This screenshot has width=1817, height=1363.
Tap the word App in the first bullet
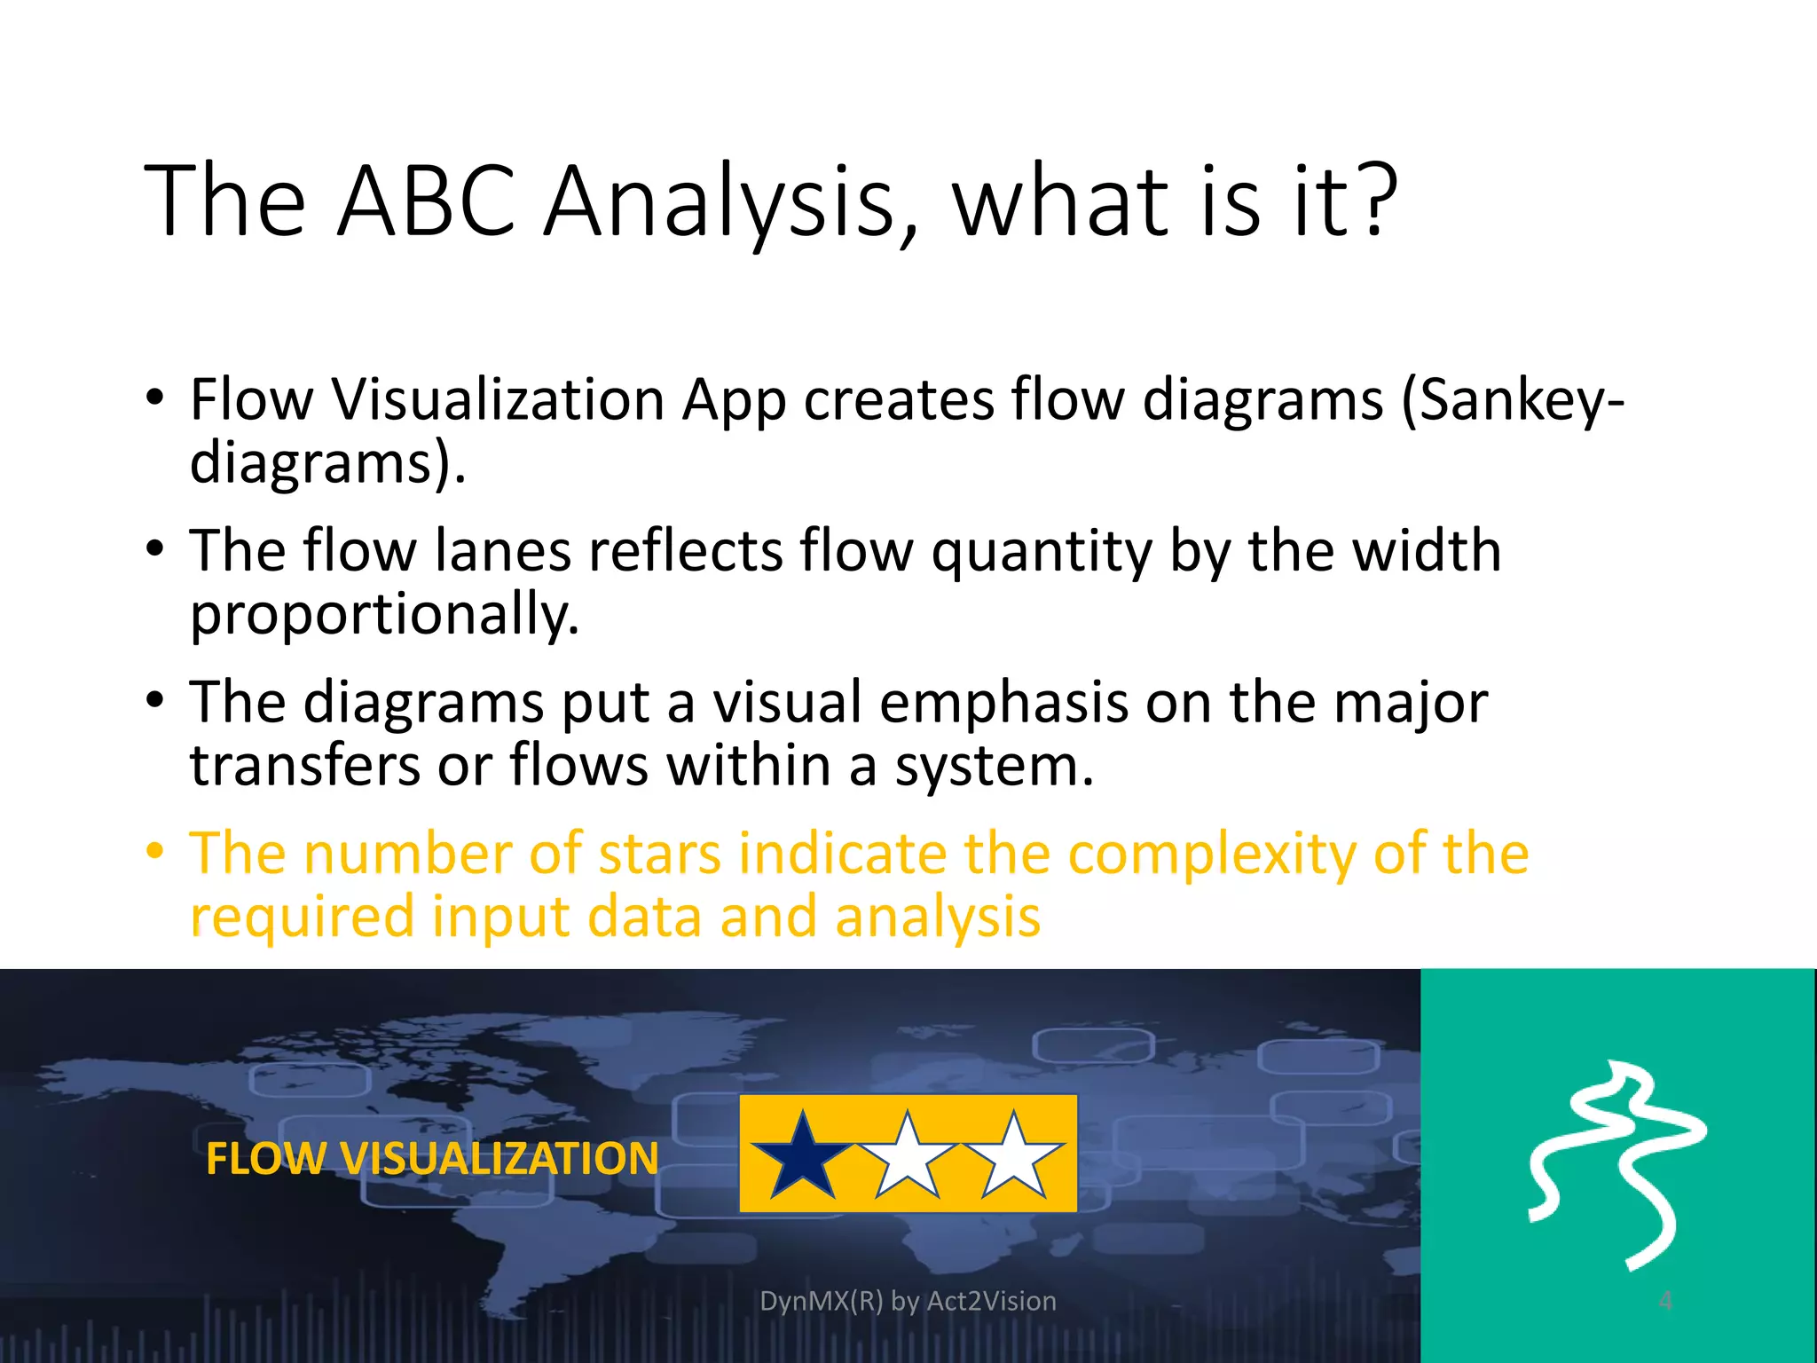(734, 401)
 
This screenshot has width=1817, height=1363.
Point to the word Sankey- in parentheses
(1514, 401)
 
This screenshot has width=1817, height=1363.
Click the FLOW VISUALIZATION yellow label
(432, 1159)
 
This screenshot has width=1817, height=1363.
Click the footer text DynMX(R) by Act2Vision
(908, 1301)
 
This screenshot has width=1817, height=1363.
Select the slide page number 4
(1665, 1301)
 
